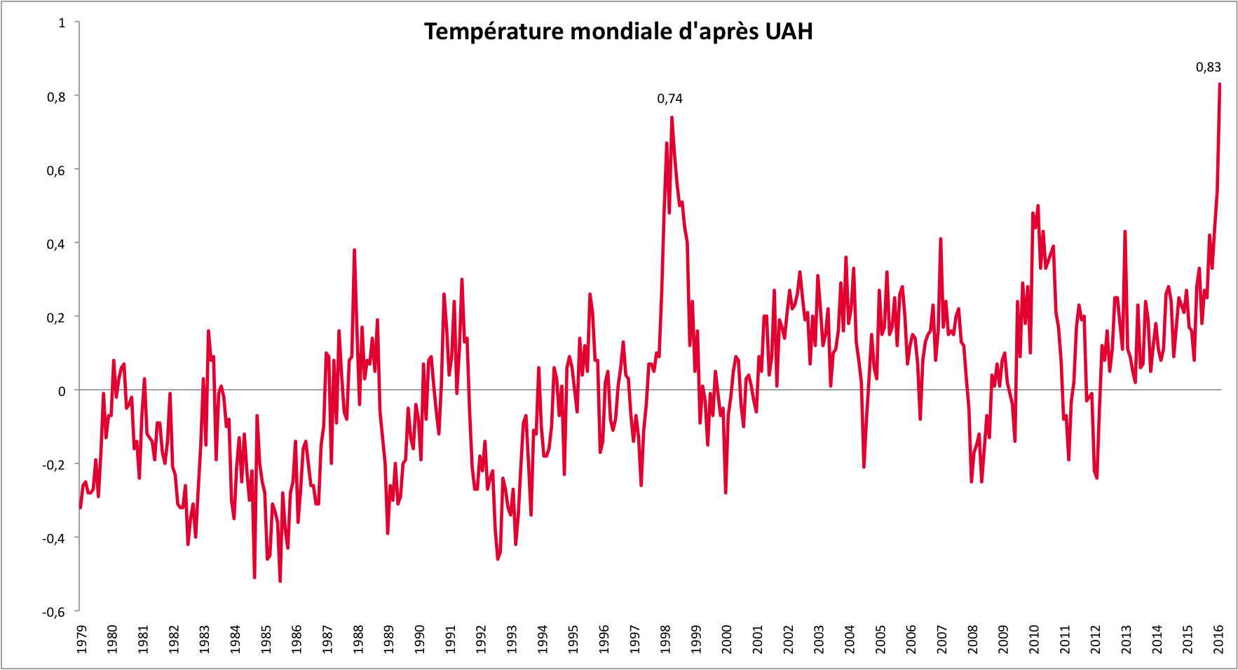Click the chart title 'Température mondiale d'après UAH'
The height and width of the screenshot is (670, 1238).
point(618,32)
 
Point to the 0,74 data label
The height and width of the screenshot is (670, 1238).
point(669,99)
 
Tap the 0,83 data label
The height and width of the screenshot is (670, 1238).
point(1208,67)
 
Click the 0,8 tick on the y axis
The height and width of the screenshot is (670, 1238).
point(56,97)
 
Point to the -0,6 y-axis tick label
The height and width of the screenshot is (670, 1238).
point(53,612)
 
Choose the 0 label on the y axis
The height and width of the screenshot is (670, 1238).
point(62,391)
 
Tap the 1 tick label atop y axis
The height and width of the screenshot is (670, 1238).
point(62,23)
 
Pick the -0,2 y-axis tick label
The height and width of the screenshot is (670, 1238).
point(53,465)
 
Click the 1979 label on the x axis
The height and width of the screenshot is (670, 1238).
point(82,639)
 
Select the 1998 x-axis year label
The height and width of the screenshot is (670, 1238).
point(665,639)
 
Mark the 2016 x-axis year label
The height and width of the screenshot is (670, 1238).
point(1219,639)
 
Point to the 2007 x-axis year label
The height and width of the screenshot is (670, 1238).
point(942,639)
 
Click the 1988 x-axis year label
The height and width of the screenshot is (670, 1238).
point(358,639)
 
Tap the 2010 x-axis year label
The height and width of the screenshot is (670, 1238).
point(1034,639)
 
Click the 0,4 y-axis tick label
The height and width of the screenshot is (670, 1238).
point(56,244)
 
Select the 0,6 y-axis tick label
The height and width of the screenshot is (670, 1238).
point(56,170)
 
